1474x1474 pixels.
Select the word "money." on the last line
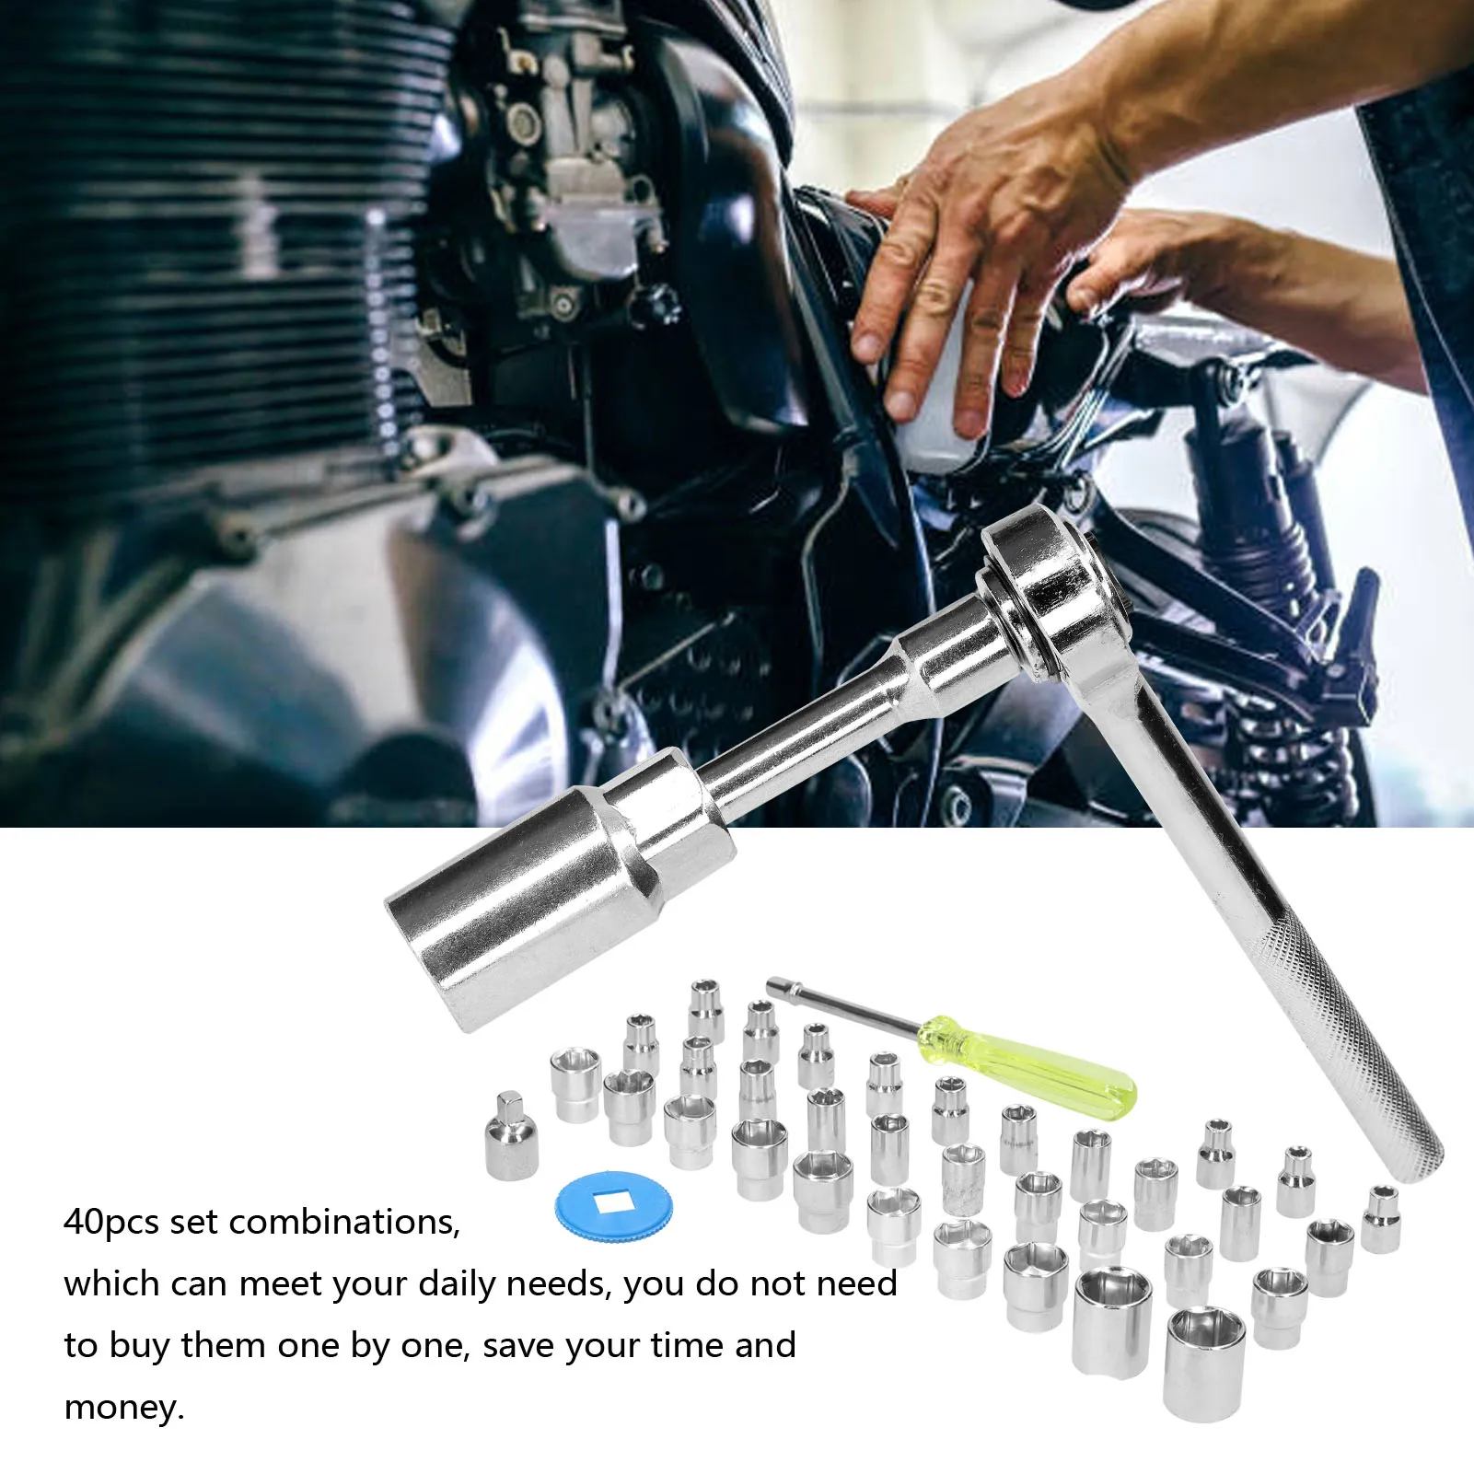[124, 1408]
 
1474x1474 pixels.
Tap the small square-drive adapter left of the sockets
[511, 1137]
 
